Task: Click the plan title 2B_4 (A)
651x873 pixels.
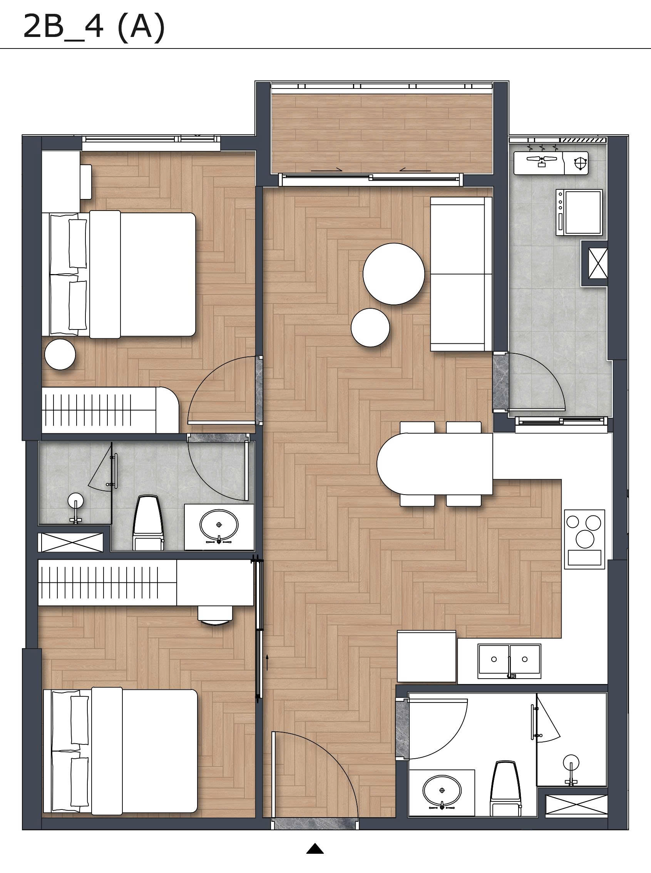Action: tap(94, 27)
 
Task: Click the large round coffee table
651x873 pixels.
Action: tap(394, 274)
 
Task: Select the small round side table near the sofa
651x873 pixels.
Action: tap(370, 327)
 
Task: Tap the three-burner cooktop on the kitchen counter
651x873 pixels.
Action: tap(584, 539)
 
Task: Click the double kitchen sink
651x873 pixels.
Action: tap(509, 661)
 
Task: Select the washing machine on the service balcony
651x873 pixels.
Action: tap(579, 212)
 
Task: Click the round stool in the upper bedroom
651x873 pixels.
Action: tap(60, 355)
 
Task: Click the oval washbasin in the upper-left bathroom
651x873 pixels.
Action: tap(219, 525)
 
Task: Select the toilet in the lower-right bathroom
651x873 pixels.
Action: tap(505, 789)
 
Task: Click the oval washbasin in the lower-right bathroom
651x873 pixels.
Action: tap(442, 791)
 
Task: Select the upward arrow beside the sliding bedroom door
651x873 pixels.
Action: tap(268, 662)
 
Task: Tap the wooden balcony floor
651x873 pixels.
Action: tap(382, 134)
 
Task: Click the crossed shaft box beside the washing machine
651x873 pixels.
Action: tap(595, 263)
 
